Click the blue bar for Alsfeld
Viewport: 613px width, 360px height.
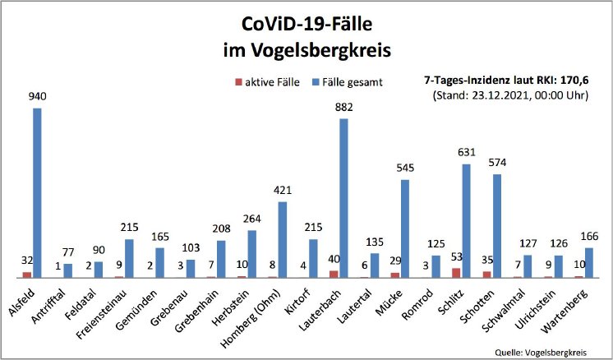pos(37,193)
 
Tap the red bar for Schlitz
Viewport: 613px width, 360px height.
pos(456,272)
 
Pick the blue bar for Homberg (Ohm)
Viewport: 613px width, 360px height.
pos(282,239)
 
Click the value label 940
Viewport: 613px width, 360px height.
pos(37,96)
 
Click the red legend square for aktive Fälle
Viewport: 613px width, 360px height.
pos(238,82)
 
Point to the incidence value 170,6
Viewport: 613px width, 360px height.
pos(575,81)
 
